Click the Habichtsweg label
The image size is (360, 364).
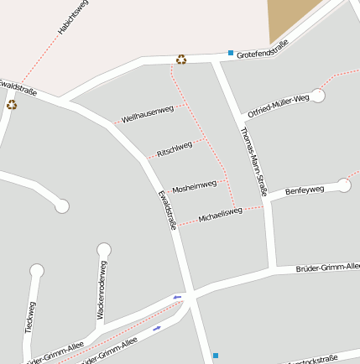tap(74, 18)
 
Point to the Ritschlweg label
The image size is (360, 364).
tap(175, 150)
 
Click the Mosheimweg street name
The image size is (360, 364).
tap(194, 185)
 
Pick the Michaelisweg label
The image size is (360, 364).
tap(220, 215)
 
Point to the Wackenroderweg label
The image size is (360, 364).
tap(102, 290)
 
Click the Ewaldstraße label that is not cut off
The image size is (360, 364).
tap(167, 209)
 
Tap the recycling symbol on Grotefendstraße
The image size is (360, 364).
tap(181, 59)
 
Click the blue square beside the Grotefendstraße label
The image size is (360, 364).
tap(230, 53)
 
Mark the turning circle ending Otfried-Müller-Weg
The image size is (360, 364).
tap(317, 95)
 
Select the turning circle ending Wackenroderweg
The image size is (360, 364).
tap(104, 249)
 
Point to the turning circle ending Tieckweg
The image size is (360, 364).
tap(36, 271)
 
